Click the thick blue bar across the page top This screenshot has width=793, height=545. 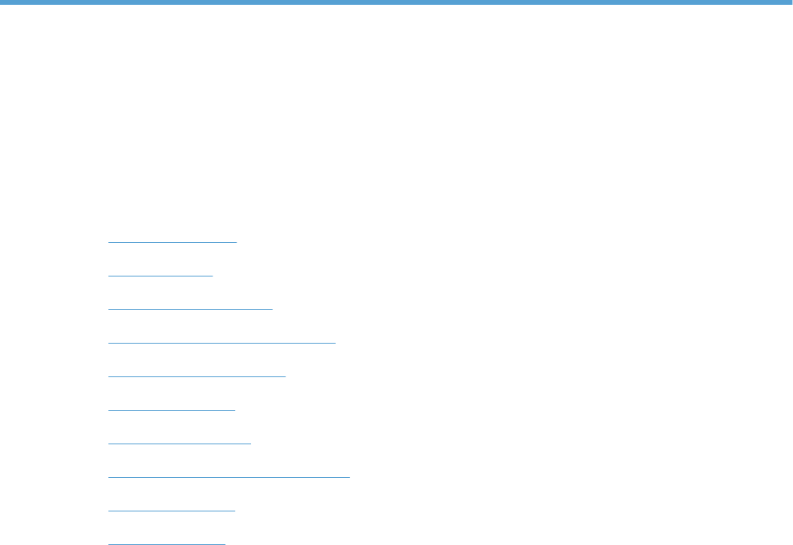pos(396,2)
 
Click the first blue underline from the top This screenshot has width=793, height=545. pos(173,241)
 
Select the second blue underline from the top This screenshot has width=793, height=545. pos(161,274)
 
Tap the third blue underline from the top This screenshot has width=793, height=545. pos(190,308)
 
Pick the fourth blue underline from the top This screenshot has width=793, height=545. pos(221,341)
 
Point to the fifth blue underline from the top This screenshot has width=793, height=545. pos(197,375)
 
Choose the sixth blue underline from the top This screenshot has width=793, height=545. pos(172,409)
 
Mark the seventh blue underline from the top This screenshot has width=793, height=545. pos(179,442)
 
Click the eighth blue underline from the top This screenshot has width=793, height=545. pos(229,476)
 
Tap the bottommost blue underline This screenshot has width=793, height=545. pos(167,543)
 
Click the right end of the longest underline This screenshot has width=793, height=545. pos(349,476)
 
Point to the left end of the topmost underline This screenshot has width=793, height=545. pos(109,241)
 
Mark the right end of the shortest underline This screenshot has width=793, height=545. pos(213,274)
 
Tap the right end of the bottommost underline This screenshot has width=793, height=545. pos(225,543)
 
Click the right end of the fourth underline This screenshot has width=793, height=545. pos(335,341)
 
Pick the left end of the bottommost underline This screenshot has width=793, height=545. pos(109,543)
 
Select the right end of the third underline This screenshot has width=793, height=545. pos(272,308)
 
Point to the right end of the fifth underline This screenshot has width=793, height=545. pos(285,375)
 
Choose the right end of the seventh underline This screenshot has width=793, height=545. pos(250,442)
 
